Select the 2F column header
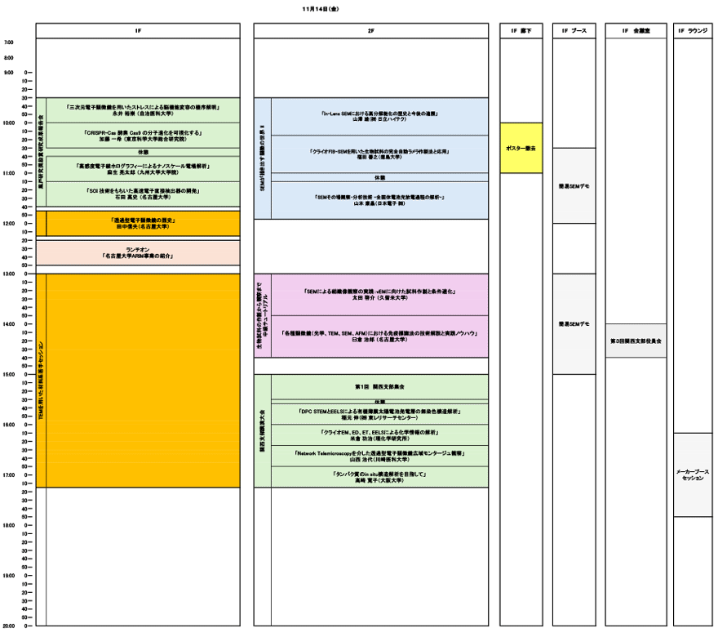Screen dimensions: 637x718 tap(370, 30)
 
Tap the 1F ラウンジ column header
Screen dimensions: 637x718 tap(693, 30)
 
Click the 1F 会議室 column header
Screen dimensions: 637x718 tap(636, 30)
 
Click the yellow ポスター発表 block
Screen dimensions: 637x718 tap(521, 148)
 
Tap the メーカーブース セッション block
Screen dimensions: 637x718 tap(693, 474)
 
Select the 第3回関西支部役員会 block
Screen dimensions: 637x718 tap(636, 341)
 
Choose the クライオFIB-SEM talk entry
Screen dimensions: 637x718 tap(379, 154)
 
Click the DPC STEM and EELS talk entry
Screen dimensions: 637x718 tap(379, 413)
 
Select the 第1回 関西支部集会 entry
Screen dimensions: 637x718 tap(379, 385)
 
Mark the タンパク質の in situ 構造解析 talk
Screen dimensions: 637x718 tap(379, 478)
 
